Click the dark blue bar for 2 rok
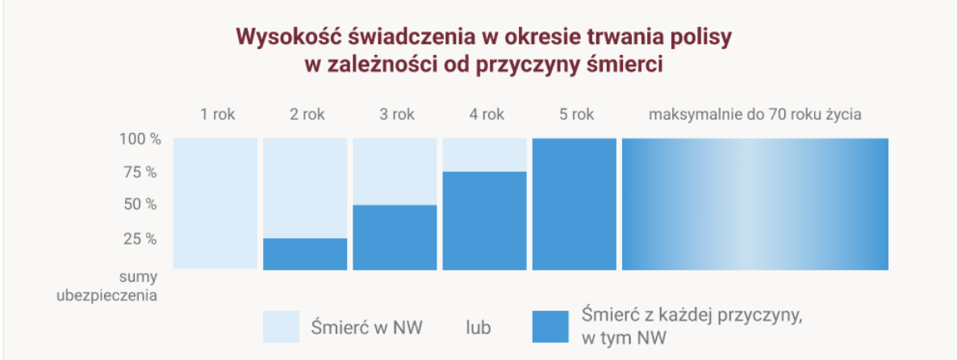(x=305, y=253)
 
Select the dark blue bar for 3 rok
(x=395, y=237)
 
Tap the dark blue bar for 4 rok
(x=485, y=220)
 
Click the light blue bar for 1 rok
(x=215, y=203)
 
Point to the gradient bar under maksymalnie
(x=754, y=203)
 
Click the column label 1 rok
(x=217, y=114)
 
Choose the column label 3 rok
(x=396, y=114)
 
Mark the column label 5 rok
(x=576, y=114)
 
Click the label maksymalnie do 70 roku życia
(x=754, y=114)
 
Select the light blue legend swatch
(x=281, y=327)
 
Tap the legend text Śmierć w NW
(x=366, y=328)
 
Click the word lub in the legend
(x=478, y=328)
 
